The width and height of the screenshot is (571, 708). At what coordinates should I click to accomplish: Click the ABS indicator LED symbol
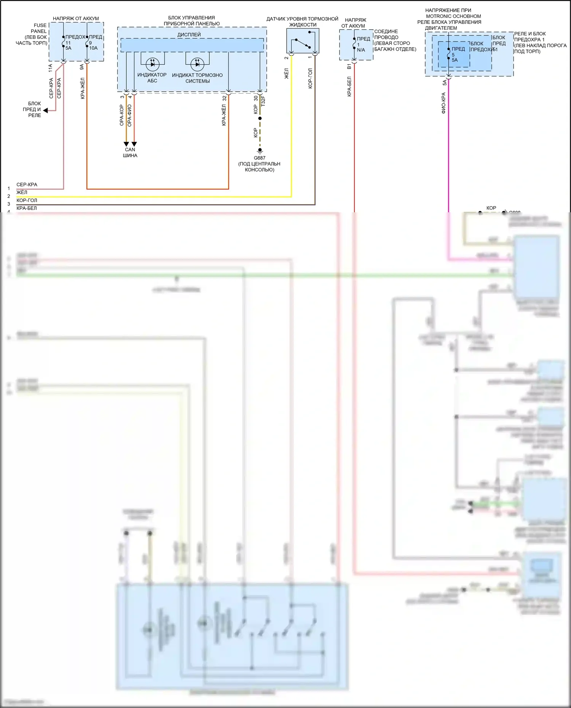(153, 64)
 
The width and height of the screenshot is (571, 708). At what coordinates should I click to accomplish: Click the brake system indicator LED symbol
(197, 64)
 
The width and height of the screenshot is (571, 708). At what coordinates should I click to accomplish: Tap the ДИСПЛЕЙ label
(189, 35)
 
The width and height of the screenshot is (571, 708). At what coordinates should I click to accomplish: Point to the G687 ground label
(260, 158)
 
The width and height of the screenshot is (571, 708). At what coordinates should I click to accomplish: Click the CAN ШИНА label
(130, 153)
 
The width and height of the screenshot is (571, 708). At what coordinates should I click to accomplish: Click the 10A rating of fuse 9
(93, 48)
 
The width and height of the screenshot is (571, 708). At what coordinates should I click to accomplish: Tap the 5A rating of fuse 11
(68, 48)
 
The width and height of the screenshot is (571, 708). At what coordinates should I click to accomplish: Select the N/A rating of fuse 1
(361, 50)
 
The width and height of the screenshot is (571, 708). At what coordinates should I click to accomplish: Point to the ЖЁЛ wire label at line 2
(22, 193)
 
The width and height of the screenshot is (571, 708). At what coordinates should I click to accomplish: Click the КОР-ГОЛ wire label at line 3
(27, 200)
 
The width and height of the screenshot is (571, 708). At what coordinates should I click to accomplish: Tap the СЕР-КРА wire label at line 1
(27, 185)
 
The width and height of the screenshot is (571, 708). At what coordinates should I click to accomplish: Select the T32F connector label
(263, 101)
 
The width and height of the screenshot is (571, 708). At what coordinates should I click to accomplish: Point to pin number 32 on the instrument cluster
(225, 98)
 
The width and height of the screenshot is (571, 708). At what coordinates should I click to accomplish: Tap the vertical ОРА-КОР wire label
(122, 115)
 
